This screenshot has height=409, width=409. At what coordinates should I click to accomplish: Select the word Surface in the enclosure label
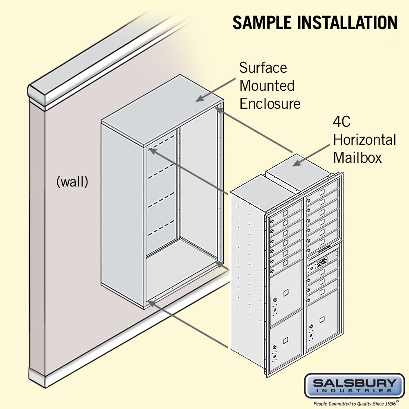263,67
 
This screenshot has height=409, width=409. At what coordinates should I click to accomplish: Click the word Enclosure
270,103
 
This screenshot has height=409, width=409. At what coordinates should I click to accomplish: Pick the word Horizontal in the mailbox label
364,139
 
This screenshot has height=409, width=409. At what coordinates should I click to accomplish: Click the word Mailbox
357,157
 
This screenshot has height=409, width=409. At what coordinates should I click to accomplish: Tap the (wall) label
72,182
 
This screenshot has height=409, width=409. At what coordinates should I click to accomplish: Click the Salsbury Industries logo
354,385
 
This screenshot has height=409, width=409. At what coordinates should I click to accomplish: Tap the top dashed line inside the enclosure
162,144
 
